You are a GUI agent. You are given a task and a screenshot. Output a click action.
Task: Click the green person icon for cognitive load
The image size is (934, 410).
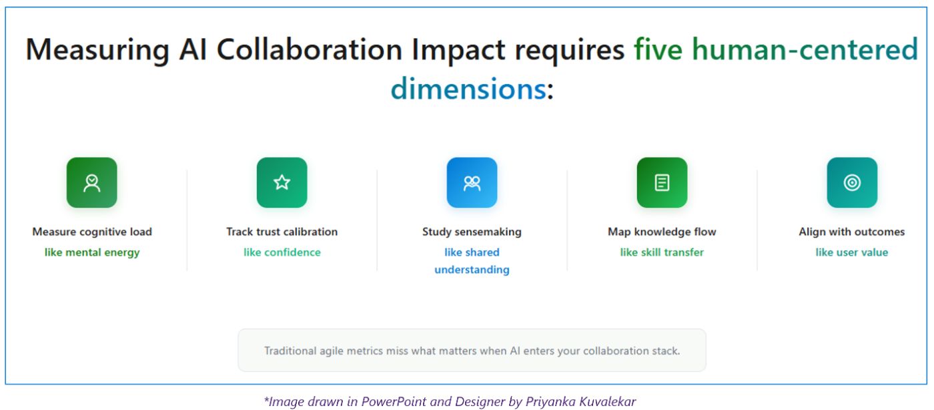click(91, 182)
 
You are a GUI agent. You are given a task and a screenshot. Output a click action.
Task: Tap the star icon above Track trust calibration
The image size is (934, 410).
click(282, 182)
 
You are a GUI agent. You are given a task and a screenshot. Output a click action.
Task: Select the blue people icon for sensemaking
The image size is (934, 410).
click(472, 182)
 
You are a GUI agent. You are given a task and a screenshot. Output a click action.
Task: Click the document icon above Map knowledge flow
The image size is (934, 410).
click(662, 182)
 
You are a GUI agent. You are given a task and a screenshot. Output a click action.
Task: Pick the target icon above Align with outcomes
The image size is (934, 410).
click(852, 182)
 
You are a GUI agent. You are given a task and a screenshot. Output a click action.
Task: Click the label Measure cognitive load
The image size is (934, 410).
click(92, 232)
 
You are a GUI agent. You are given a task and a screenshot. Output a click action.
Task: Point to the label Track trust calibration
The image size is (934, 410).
click(282, 232)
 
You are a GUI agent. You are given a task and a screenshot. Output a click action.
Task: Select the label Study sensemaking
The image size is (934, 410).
click(472, 232)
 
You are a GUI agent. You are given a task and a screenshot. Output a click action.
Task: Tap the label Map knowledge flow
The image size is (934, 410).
click(662, 232)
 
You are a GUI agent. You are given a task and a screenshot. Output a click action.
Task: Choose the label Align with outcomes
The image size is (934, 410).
click(852, 232)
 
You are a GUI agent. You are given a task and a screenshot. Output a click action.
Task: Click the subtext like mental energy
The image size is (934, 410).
click(92, 252)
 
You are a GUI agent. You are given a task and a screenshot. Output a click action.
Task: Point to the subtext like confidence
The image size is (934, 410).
click(282, 252)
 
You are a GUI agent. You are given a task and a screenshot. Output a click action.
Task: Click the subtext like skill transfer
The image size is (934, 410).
click(662, 252)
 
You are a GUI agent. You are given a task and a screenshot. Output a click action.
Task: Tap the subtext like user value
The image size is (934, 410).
click(852, 252)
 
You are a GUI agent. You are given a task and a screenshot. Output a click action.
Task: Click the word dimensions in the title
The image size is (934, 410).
click(468, 88)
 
